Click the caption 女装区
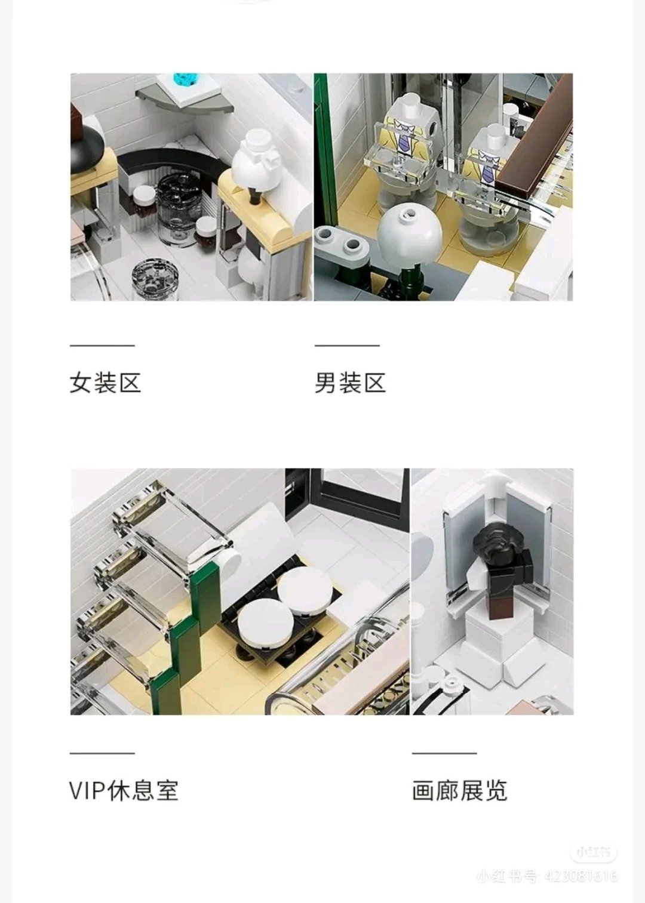click(x=105, y=383)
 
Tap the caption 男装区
click(x=350, y=383)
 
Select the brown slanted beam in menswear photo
click(x=534, y=138)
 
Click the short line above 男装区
click(x=348, y=346)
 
